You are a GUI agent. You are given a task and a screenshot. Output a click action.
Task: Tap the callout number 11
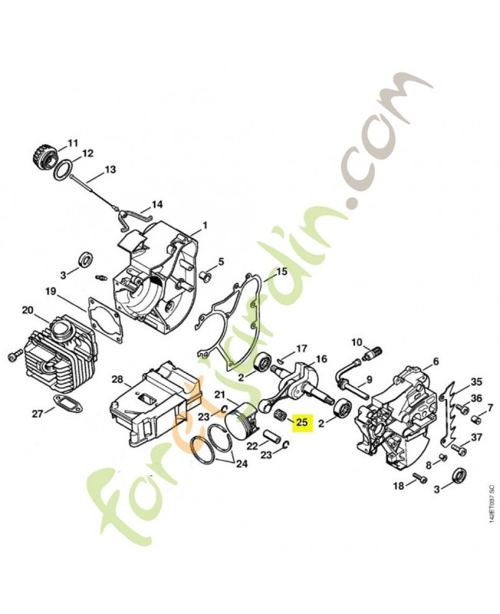coord(73,144)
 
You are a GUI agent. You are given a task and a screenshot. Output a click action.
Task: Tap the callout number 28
coord(117,379)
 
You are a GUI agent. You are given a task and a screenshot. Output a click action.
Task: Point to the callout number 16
coord(321,358)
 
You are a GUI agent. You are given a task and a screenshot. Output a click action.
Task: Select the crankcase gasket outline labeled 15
coord(230,307)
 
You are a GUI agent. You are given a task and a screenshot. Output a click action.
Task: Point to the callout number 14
coord(156,205)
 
